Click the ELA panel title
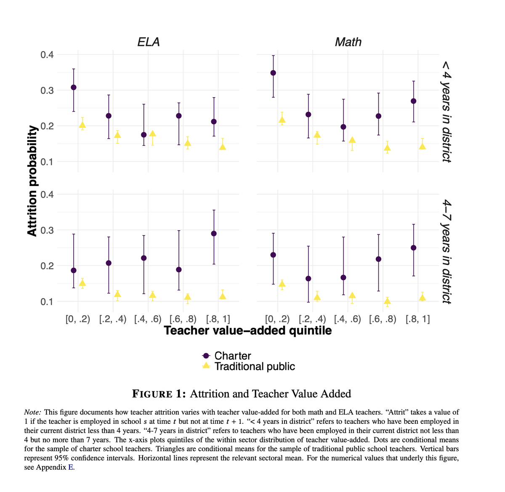149,42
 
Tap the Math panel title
348,42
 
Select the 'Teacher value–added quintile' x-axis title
248,331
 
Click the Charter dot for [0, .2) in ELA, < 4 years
74,88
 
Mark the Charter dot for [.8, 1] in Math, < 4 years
414,101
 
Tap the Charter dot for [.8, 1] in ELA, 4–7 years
214,234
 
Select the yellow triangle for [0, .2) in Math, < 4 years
282,120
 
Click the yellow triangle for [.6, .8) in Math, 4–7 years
387,301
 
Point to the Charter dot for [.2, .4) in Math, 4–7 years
308,279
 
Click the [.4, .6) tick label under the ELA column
148,319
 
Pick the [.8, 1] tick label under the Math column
418,319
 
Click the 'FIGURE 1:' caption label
159,394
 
